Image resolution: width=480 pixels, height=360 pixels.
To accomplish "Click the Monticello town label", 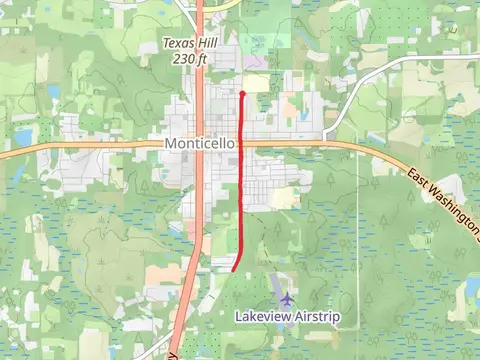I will pyautogui.click(x=201, y=144).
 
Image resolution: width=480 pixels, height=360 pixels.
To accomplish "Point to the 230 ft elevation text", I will pyautogui.click(x=188, y=59).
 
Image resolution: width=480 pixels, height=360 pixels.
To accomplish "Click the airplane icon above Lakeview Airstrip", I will pyautogui.click(x=288, y=298).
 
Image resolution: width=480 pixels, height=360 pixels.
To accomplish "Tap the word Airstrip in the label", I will pyautogui.click(x=326, y=316).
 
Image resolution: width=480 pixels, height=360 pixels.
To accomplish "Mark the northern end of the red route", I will pyautogui.click(x=243, y=93).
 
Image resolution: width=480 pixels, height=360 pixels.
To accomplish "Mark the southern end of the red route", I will pyautogui.click(x=234, y=269).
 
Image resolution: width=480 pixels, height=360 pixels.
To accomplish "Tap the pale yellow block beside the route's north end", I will pyautogui.click(x=257, y=83).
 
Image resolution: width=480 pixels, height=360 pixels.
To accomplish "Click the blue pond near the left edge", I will pyautogui.click(x=22, y=137).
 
